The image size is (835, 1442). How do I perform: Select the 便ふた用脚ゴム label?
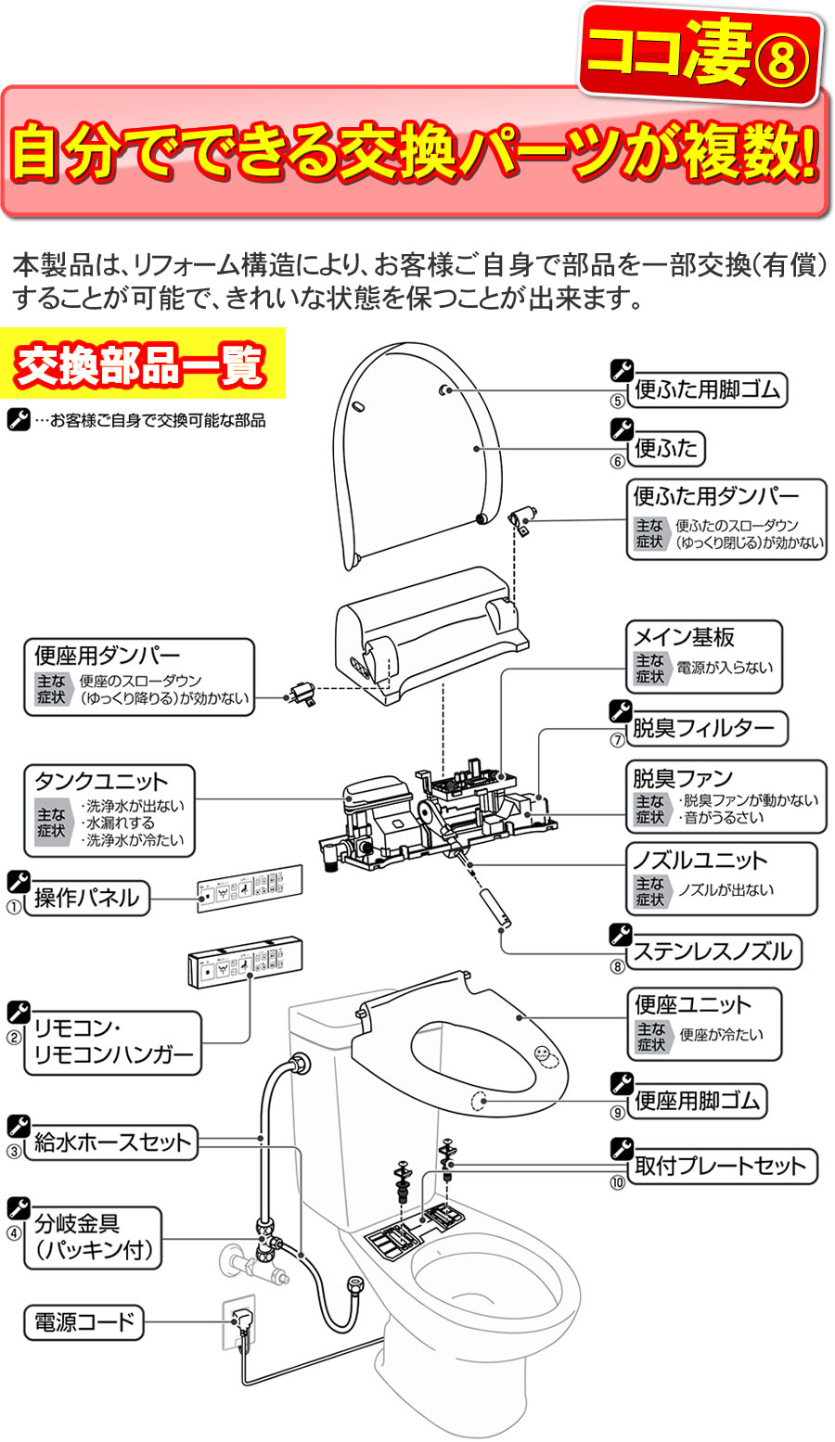pos(707,389)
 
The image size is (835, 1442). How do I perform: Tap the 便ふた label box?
pos(666,450)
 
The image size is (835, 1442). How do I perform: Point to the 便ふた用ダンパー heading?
pos(715,496)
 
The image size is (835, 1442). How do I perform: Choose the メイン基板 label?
pos(684,637)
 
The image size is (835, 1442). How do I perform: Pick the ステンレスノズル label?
pos(714,951)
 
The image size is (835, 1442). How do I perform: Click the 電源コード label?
pos(84,1322)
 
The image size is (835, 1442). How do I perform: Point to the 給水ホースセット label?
pos(112,1142)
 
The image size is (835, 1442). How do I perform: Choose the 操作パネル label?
pos(87,898)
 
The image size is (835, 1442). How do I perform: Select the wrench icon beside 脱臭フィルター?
pos(621,711)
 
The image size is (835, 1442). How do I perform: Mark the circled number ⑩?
pos(617,1182)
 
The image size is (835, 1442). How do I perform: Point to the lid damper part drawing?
pos(522,518)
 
